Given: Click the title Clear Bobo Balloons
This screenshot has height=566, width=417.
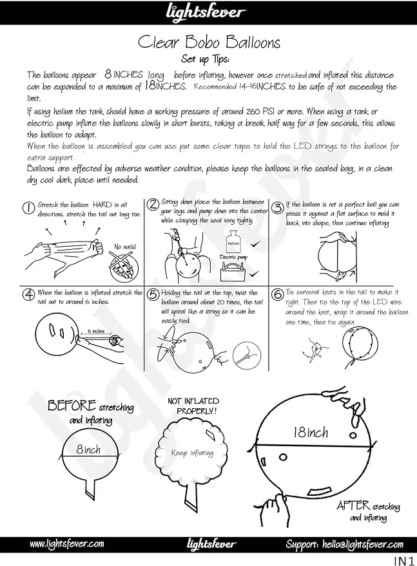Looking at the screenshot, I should pyautogui.click(x=209, y=42).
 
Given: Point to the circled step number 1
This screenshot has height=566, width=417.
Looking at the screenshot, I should pyautogui.click(x=28, y=207).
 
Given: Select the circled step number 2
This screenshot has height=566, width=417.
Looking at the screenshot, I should pyautogui.click(x=153, y=205).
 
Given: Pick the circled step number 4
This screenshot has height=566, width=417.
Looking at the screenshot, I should pyautogui.click(x=28, y=295).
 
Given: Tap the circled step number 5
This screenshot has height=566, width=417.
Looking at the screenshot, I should pyautogui.click(x=153, y=295).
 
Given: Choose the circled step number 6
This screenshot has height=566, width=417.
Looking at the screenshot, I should pyautogui.click(x=277, y=295).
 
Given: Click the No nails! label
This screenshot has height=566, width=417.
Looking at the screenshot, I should pyautogui.click(x=125, y=247).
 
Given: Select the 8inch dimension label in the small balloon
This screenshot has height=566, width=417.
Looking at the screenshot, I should pyautogui.click(x=88, y=449).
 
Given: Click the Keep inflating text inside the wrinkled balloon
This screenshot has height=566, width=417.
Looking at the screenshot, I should pyautogui.click(x=191, y=453).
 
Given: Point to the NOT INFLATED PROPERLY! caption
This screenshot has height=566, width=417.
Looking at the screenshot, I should pyautogui.click(x=193, y=405).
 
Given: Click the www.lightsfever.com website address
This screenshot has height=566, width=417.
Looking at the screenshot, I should pyautogui.click(x=67, y=544).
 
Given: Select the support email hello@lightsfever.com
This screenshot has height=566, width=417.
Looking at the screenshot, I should pyautogui.click(x=345, y=544).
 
